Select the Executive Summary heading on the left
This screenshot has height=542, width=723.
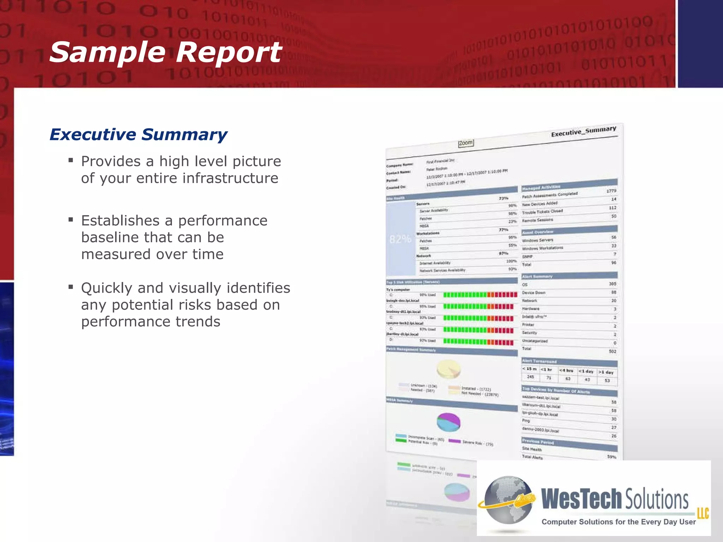click(x=138, y=134)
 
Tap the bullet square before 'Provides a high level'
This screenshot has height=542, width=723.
click(x=71, y=161)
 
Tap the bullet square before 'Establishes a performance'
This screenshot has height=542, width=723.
click(x=71, y=220)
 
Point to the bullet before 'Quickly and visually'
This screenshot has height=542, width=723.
click(x=71, y=287)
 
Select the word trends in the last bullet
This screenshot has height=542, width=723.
click(x=198, y=321)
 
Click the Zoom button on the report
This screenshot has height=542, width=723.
click(x=466, y=143)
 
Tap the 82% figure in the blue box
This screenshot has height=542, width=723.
click(x=400, y=239)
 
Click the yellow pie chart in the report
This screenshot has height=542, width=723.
click(x=448, y=369)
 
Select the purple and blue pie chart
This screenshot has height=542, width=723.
click(x=448, y=422)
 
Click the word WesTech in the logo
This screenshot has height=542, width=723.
click(x=581, y=499)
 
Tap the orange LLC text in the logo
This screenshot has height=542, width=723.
click(x=703, y=512)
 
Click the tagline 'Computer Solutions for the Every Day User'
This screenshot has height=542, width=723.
click(x=619, y=522)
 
